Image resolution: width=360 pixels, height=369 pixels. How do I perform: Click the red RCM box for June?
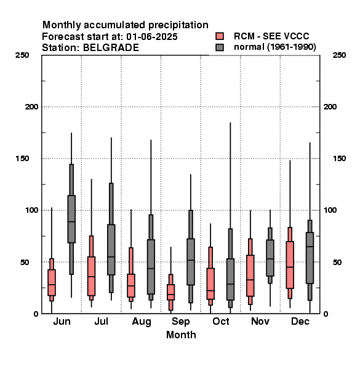(x=52, y=282)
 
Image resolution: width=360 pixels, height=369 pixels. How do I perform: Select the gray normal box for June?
(x=71, y=219)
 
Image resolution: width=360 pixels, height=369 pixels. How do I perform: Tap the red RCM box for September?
(x=171, y=292)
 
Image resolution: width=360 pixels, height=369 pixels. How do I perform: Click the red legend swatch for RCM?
(x=220, y=36)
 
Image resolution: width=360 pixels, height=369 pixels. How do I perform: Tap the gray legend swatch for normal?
(x=220, y=47)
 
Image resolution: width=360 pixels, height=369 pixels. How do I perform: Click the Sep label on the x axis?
(x=180, y=322)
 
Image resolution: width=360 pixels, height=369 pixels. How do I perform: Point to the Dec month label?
(x=300, y=321)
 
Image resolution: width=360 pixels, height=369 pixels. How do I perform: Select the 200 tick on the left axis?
(x=31, y=107)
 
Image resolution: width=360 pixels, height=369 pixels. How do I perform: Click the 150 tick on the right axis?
(x=339, y=159)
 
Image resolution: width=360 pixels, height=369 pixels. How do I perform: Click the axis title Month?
(x=181, y=335)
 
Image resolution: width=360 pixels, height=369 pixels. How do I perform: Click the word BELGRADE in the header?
(x=111, y=48)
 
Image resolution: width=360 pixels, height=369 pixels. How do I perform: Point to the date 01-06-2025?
(x=152, y=37)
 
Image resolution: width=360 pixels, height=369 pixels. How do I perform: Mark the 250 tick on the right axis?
(x=339, y=55)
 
